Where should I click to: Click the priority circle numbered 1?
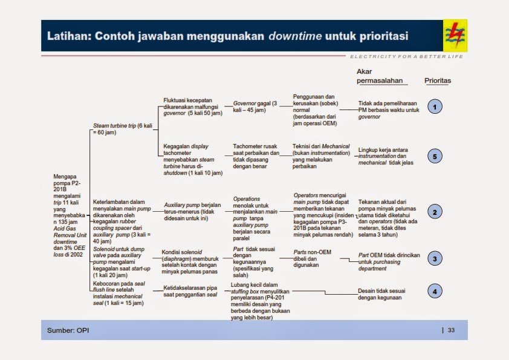pos(435,107)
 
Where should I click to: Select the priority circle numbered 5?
pos(435,156)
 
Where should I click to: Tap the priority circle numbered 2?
pos(435,212)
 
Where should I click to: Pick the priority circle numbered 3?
pos(435,259)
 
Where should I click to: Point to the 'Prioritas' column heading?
pos(438,80)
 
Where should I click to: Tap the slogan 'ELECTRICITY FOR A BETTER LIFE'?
pos(406,56)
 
